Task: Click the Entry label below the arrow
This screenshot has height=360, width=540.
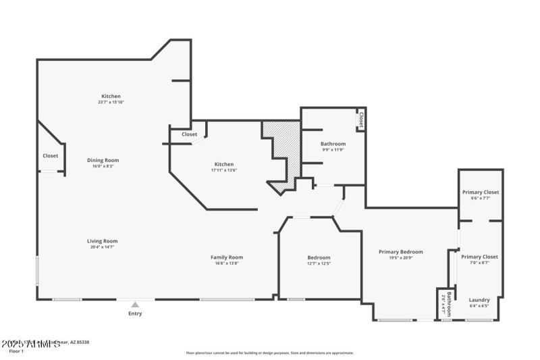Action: [x=135, y=313]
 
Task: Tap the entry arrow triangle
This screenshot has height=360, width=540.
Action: [x=135, y=305]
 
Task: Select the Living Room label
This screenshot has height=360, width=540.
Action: [x=102, y=241]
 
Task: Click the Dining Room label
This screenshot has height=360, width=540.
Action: [x=103, y=160]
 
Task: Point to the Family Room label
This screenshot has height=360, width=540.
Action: [x=227, y=257]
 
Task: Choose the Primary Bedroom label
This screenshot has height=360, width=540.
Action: [x=406, y=251]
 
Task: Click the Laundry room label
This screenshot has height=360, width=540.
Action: [x=479, y=300]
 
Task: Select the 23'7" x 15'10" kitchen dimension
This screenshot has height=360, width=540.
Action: [x=111, y=102]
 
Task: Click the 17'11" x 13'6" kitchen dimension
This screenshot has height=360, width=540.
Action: [x=224, y=170]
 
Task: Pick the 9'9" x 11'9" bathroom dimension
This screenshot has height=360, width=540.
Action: [x=333, y=150]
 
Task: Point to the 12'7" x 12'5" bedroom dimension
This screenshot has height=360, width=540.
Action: [x=319, y=263]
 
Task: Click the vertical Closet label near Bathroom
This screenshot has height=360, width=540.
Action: [x=361, y=120]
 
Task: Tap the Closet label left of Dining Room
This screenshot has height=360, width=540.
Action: [x=51, y=156]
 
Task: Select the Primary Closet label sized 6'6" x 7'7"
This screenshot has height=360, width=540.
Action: [x=481, y=192]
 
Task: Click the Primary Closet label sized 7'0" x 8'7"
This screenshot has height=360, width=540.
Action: [x=479, y=257]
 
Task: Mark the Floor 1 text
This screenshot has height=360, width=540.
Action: [x=16, y=351]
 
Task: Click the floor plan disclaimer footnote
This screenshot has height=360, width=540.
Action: [x=270, y=353]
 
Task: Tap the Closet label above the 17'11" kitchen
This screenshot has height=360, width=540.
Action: [x=190, y=134]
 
